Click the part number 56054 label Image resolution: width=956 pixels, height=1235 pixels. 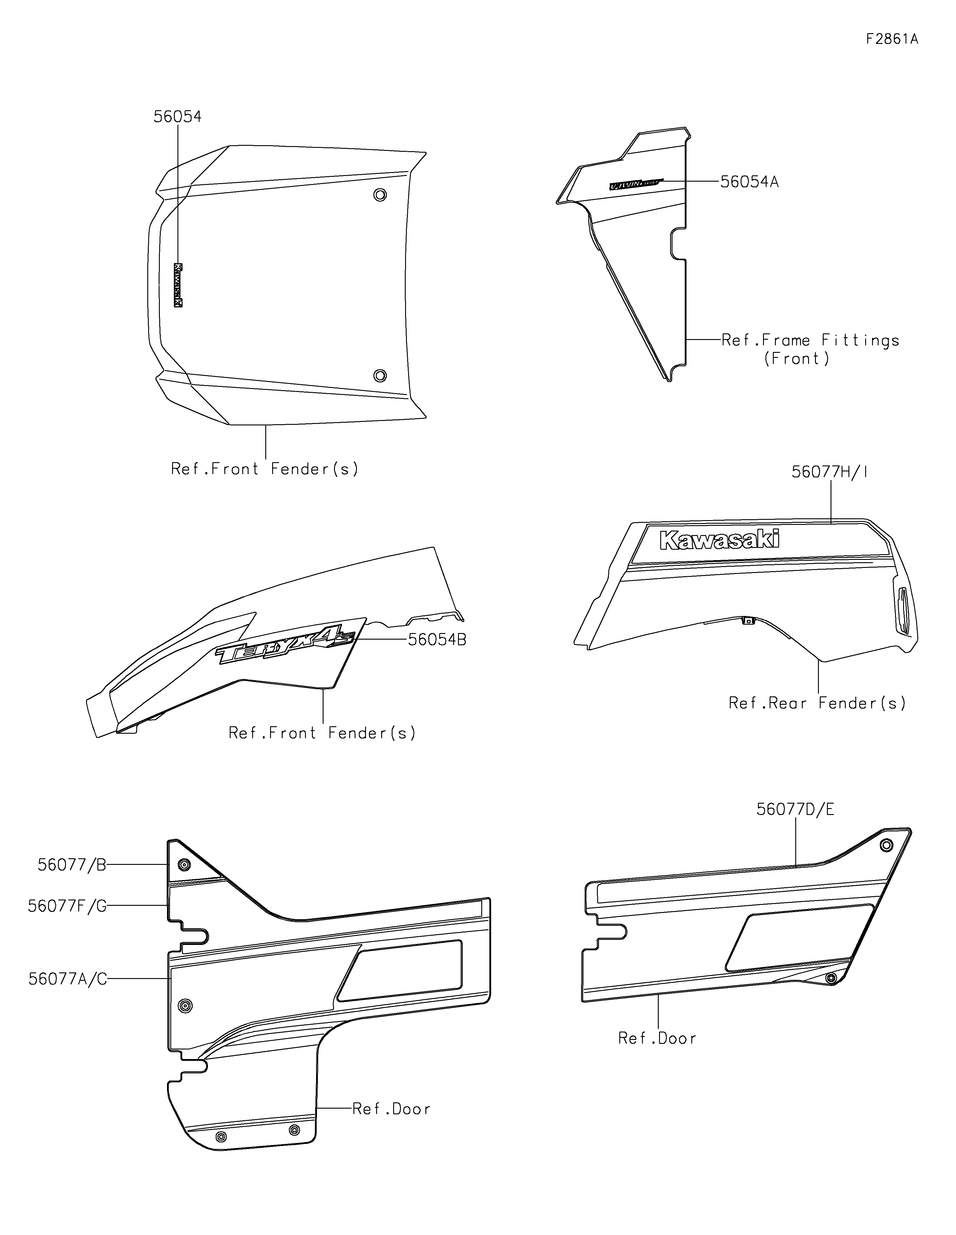pyautogui.click(x=177, y=117)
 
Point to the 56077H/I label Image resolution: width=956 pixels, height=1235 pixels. pyautogui.click(x=829, y=472)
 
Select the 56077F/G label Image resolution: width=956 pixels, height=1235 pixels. pyautogui.click(x=67, y=906)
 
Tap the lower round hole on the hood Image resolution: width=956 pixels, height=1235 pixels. pyautogui.click(x=380, y=376)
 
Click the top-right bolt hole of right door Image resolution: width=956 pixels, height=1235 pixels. pyautogui.click(x=886, y=845)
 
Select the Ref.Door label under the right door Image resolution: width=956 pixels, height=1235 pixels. pyautogui.click(x=657, y=1038)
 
